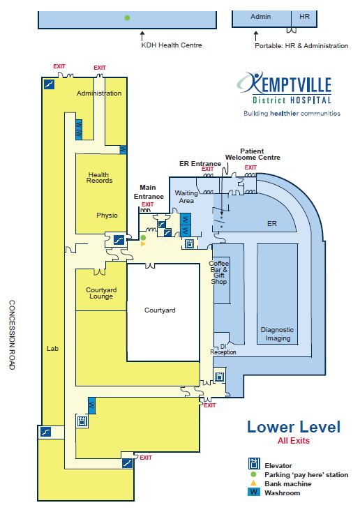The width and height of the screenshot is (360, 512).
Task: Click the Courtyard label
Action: coord(160,310)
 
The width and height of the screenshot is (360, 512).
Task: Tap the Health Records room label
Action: coord(99,178)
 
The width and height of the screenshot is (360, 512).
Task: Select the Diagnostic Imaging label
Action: coord(277,334)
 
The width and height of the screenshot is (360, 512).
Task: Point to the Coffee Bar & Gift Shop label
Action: coord(219,272)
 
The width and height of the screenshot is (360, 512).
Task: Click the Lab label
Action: coord(52,348)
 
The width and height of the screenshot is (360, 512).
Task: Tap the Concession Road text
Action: coord(12,335)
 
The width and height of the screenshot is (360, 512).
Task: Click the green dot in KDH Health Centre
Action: coord(128,17)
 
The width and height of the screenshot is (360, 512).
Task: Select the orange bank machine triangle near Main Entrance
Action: coord(143,243)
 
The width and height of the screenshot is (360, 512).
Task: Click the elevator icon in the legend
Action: coord(254,464)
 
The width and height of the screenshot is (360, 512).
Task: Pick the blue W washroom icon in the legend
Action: coord(254,492)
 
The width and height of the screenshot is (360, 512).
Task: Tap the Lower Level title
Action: coord(294,427)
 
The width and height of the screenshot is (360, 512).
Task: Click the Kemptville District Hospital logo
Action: coord(288,93)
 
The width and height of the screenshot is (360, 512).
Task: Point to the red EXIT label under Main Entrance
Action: coord(148,204)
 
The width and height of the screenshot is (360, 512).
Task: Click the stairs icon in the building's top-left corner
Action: coord(49,84)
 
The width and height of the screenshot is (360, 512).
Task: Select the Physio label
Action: coord(107,216)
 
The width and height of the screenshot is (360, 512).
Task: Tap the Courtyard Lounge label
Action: coord(101,293)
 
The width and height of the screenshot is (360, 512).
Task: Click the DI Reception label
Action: coord(223,349)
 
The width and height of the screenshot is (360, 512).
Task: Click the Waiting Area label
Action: coord(186,197)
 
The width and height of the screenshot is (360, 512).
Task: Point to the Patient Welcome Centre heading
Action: coord(253,154)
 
